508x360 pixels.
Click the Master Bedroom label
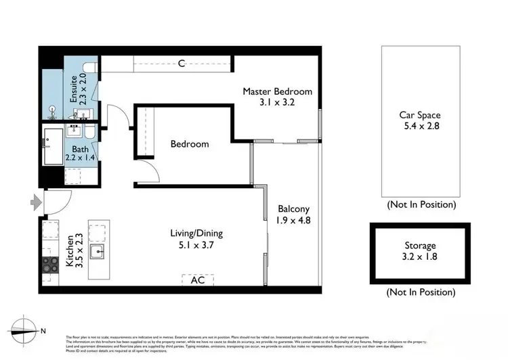[x=278, y=91]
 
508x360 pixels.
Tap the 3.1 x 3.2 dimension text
[x=278, y=103]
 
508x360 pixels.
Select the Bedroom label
[x=190, y=144]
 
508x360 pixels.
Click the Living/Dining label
[x=196, y=233]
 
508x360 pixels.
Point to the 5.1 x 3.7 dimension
[x=196, y=245]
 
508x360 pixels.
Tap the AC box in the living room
[x=198, y=279]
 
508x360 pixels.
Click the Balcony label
[x=293, y=209]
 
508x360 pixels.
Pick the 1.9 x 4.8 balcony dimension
[x=293, y=220]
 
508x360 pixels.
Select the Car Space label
[x=420, y=115]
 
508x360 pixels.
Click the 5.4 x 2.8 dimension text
[x=420, y=127]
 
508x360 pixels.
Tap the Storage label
[x=420, y=246]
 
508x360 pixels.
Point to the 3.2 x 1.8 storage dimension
[x=420, y=256]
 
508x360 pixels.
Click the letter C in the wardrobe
[x=182, y=64]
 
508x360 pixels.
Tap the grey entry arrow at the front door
[x=35, y=200]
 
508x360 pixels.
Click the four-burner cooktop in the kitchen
[x=51, y=265]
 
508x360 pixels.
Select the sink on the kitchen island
[x=99, y=252]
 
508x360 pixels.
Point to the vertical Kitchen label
[x=70, y=252]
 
